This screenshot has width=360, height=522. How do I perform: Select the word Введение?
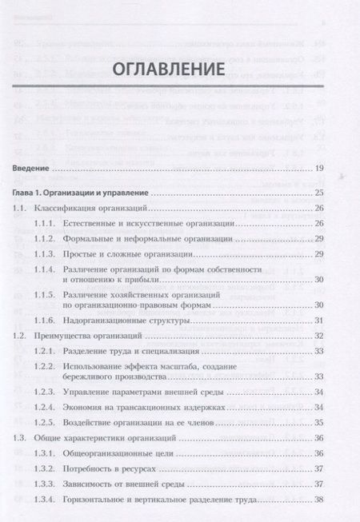(x=32, y=169)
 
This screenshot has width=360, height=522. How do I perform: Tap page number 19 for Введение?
(x=318, y=169)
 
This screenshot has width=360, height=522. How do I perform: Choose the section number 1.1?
(x=22, y=209)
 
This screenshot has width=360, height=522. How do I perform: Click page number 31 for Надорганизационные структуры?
(x=318, y=321)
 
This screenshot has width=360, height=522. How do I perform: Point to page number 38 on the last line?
(x=318, y=500)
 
